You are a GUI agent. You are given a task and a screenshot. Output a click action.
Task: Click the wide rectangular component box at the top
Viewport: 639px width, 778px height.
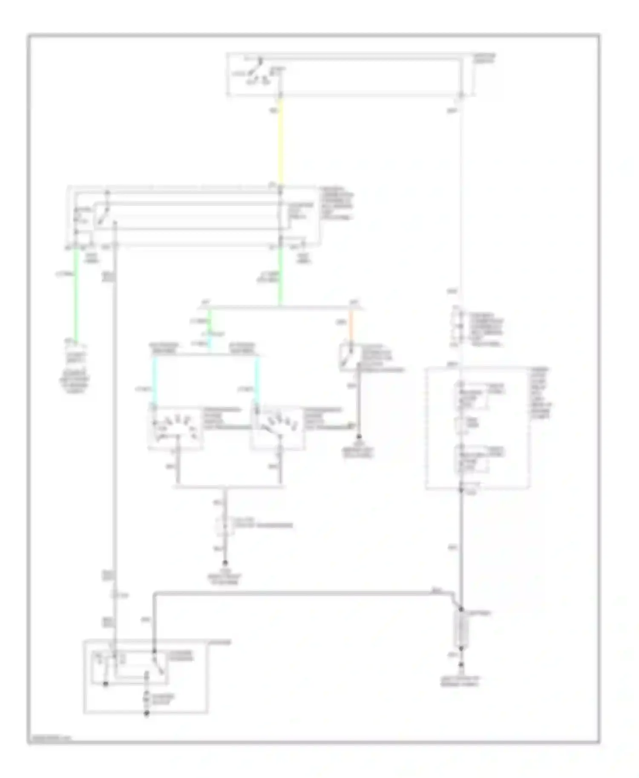[349, 75]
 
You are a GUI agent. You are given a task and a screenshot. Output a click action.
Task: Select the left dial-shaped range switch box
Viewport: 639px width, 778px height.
[175, 428]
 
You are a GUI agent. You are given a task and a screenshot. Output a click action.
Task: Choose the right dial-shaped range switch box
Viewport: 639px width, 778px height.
[277, 428]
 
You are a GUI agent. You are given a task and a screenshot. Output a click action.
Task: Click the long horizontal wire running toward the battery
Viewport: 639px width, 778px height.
[298, 592]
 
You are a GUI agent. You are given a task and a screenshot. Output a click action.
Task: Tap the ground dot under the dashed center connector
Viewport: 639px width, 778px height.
[225, 563]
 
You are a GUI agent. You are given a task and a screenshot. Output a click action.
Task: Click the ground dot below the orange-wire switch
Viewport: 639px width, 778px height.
[359, 437]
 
